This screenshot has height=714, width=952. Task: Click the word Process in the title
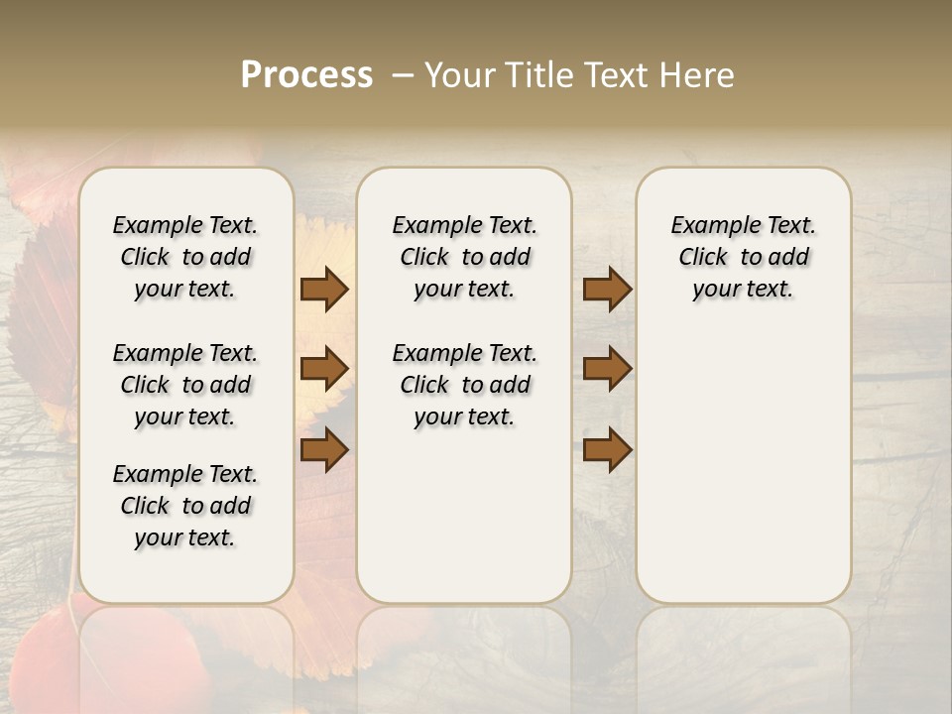coord(306,74)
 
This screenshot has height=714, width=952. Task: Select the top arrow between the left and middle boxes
coord(324,289)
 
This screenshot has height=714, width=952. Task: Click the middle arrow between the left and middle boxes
coord(324,369)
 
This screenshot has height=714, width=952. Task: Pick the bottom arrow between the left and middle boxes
coord(324,449)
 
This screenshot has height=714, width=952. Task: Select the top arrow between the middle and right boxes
coord(607,289)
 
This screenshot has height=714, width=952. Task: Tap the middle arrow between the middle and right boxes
coord(607,369)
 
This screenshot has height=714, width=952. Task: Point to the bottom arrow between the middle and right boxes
coord(607,449)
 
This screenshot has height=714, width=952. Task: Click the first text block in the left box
coord(185,257)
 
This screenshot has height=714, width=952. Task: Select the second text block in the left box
coord(185,385)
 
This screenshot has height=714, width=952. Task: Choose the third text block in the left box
coord(185,506)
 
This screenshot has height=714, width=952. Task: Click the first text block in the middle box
coord(464,257)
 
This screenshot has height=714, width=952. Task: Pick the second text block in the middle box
coord(464,385)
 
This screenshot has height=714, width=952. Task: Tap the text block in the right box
coord(743,257)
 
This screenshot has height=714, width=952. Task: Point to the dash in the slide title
coord(403,74)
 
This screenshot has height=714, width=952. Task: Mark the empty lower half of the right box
coord(743,476)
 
